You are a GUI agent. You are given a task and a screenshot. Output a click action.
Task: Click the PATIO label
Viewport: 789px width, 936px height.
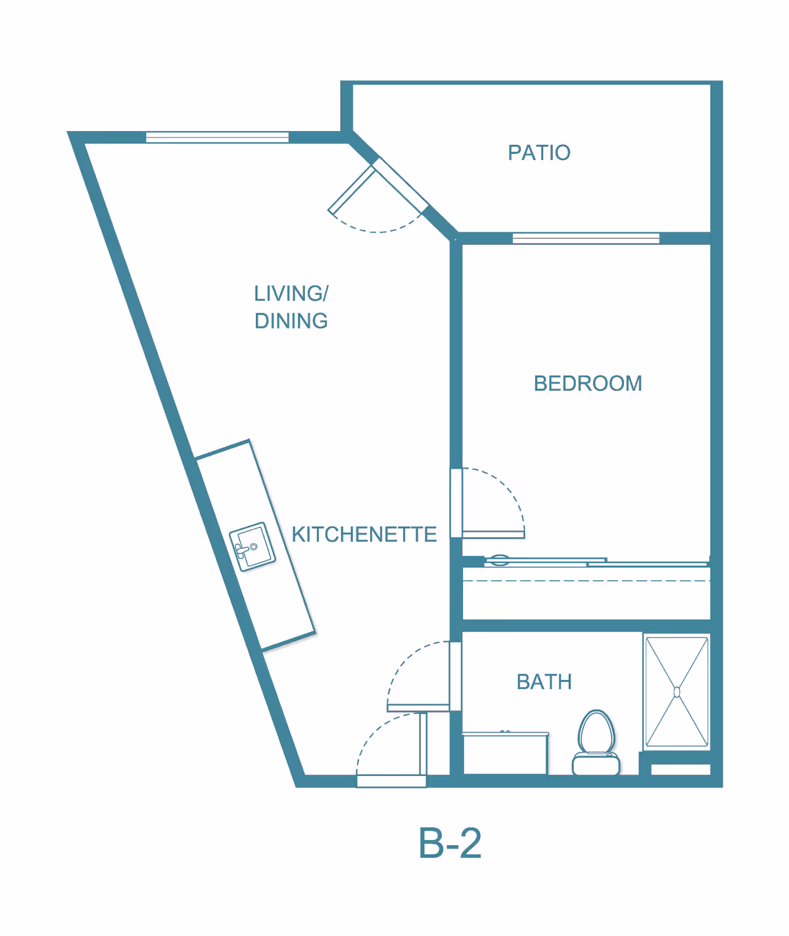(538, 153)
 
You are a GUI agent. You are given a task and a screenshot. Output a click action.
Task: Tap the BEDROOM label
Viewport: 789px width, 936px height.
(587, 383)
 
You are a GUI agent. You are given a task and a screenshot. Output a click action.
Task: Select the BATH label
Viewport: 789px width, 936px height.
(544, 682)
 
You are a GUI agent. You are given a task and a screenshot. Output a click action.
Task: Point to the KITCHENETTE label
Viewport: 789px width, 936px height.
(364, 534)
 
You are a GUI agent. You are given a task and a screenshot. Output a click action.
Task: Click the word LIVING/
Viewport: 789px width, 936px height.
(291, 293)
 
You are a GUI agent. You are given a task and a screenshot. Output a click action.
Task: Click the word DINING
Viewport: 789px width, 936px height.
(291, 321)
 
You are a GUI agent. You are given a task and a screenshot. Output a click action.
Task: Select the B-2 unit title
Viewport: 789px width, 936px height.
(450, 843)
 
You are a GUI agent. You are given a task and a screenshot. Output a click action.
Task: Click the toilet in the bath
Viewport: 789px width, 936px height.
(596, 741)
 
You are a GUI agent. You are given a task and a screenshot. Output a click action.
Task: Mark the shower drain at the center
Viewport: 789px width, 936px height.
(677, 691)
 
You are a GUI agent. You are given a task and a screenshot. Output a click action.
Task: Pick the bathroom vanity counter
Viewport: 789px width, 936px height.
(505, 753)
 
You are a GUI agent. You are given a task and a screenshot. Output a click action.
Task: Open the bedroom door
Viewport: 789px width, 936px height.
(493, 534)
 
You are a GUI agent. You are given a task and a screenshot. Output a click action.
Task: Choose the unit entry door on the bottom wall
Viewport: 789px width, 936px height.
(391, 781)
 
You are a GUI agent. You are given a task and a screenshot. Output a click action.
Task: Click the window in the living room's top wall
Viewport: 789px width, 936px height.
(217, 137)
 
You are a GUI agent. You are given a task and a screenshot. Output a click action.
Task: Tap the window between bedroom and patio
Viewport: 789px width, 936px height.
(586, 238)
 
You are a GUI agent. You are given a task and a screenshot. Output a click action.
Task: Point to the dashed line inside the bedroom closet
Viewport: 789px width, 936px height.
(585, 581)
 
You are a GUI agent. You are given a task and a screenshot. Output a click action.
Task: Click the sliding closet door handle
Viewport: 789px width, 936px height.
(500, 561)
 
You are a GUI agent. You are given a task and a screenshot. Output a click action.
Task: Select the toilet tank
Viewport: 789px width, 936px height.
(596, 764)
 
